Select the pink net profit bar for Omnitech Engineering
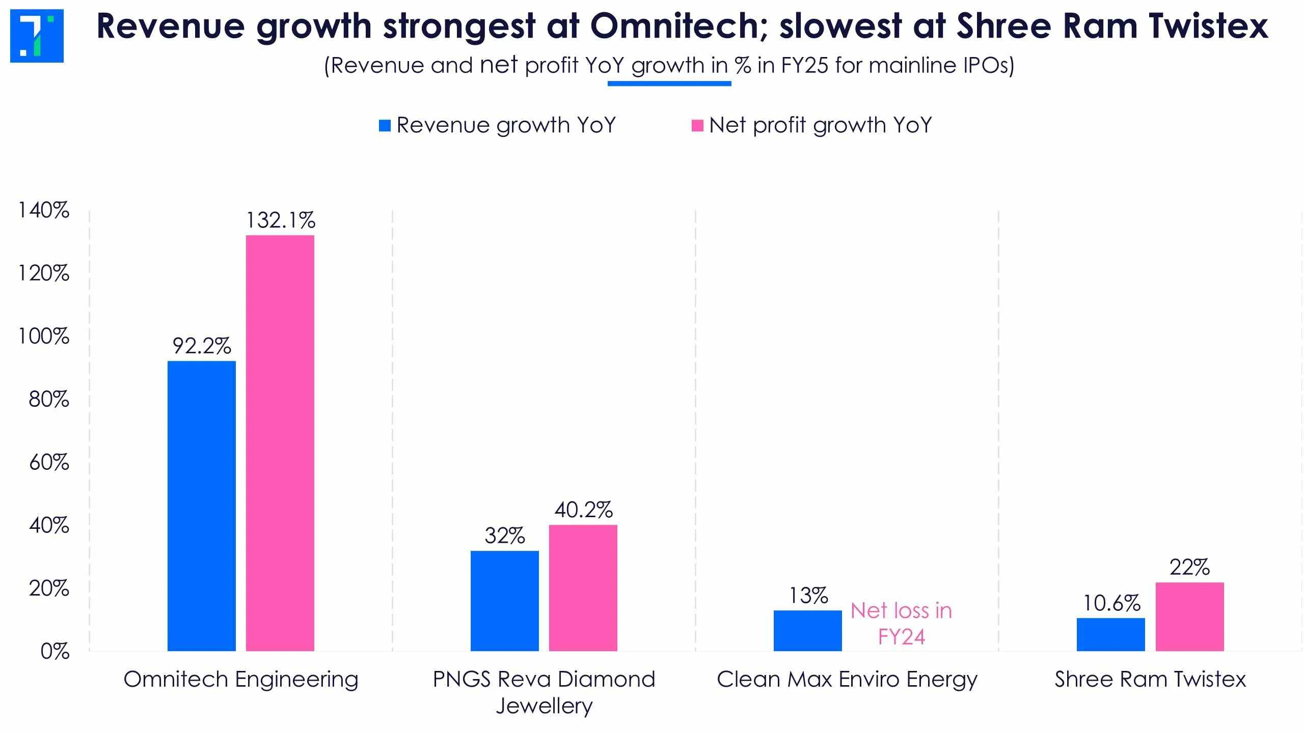280,443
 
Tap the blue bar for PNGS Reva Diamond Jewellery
504,601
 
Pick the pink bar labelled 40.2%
583,587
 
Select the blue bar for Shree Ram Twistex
1110,634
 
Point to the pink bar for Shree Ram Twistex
1189,616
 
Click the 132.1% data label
281,220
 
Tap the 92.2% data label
202,346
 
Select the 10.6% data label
1111,603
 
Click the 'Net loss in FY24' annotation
901,624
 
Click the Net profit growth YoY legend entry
812,125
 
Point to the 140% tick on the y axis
44,210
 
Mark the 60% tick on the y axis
49,462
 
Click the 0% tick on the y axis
55,652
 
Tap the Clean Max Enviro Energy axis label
847,680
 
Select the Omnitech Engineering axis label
241,680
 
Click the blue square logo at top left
37,36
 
